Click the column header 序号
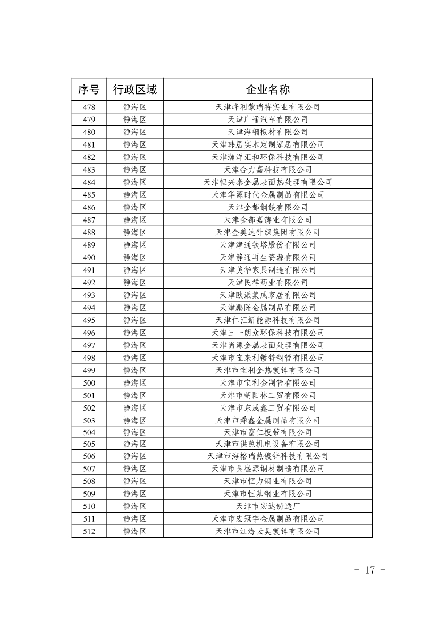(x=89, y=89)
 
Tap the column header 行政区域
(x=134, y=89)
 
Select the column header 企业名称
(x=268, y=89)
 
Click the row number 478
(x=89, y=107)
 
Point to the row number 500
(x=89, y=383)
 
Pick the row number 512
(x=89, y=531)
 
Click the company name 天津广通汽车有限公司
(x=268, y=120)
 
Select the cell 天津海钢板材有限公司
(x=268, y=132)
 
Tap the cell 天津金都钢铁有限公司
(x=268, y=207)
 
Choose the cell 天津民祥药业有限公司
(x=268, y=283)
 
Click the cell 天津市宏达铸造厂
(x=268, y=506)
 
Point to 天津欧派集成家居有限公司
(x=268, y=295)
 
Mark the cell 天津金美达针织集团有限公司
(x=268, y=232)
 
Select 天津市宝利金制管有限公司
(x=268, y=383)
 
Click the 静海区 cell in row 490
(x=134, y=257)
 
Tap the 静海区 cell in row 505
(x=134, y=444)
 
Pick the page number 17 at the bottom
(x=370, y=571)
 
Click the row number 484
(x=89, y=182)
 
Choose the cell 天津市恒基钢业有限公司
(x=268, y=494)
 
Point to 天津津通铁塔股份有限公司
(x=268, y=245)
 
